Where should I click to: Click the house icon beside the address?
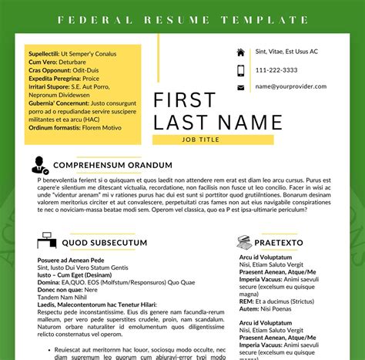(241, 52)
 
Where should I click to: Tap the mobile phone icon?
(241, 70)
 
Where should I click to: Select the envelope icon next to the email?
(241, 88)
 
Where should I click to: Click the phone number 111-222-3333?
(277, 70)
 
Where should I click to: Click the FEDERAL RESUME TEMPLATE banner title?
(182, 19)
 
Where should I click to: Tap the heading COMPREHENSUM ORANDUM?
(112, 165)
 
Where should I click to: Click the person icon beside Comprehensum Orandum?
(39, 165)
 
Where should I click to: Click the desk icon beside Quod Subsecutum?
(46, 243)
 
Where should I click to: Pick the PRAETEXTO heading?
(278, 243)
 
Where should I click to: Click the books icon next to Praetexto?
(244, 243)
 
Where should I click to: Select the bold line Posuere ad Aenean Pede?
(71, 261)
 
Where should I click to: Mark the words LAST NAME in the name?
(219, 122)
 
